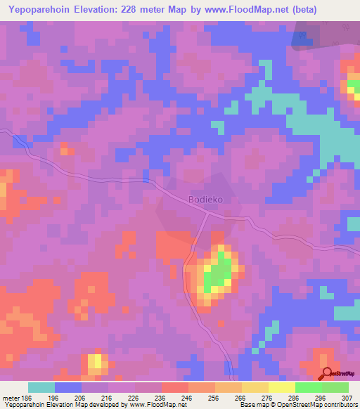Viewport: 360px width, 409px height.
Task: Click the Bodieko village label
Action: pos(205,200)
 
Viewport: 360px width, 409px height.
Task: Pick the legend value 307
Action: pos(348,397)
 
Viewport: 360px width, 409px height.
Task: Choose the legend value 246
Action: pos(186,397)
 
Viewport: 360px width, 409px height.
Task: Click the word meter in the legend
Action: pos(10,397)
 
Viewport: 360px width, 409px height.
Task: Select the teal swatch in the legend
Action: pos(41,387)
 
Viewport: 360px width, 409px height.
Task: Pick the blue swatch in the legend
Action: pos(68,387)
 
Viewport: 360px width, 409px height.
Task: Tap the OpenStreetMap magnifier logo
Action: pos(328,374)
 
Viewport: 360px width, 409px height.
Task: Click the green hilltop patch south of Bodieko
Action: pos(219,273)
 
